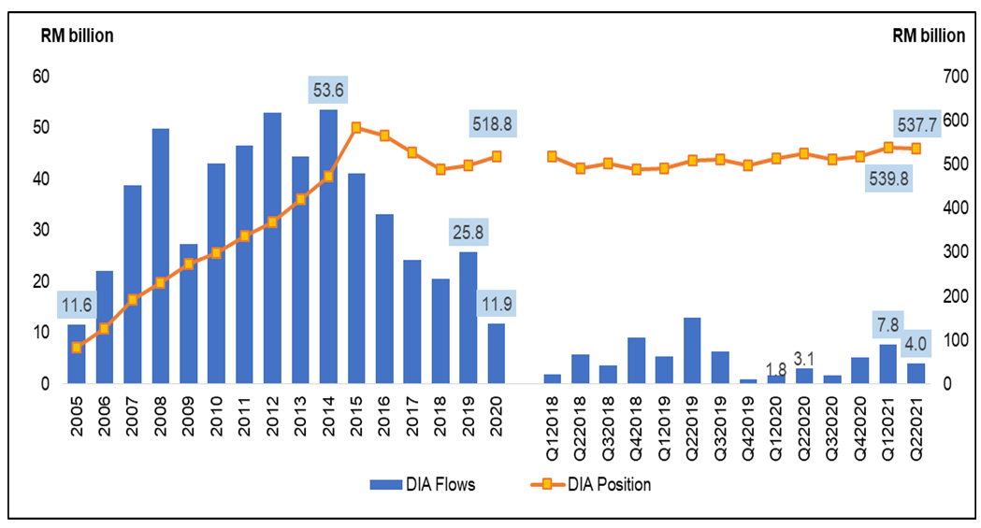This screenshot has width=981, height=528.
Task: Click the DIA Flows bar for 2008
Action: coord(160,256)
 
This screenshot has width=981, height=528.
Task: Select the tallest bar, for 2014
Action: coord(328,247)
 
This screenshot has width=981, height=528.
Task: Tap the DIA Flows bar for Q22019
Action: coord(692,350)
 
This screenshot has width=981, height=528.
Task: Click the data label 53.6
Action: coord(328,91)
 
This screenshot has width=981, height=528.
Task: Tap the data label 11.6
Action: coord(77,305)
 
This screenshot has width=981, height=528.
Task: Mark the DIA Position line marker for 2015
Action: coord(356,127)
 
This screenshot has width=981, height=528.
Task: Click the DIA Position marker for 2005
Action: coord(77,348)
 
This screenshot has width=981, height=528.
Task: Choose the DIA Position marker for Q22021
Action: coord(916,149)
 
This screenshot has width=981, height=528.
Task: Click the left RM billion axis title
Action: coord(76,36)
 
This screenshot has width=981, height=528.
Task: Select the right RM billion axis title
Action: coord(928,36)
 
